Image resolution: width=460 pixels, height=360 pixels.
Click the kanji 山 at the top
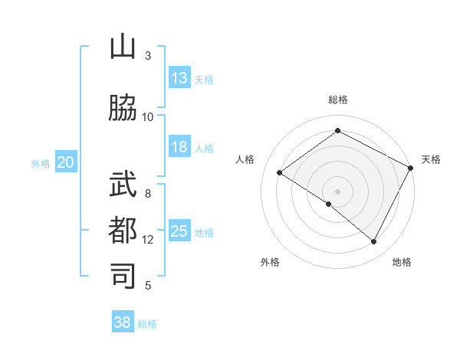pos(123,47)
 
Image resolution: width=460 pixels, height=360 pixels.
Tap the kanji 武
pos(123,185)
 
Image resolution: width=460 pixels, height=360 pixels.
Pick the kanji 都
pos(123,231)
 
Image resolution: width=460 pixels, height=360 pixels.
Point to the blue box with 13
pos(179,78)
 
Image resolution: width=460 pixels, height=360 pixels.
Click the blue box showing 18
pos(179,147)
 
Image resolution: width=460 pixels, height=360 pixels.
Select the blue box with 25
pos(179,231)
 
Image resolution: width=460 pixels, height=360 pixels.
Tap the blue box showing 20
pos(66,162)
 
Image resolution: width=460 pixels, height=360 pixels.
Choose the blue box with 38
pos(123,322)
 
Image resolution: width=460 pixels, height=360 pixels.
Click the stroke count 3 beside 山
pos(148,56)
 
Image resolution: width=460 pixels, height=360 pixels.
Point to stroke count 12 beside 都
pos(148,240)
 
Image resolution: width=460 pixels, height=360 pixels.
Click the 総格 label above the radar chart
pos(338,100)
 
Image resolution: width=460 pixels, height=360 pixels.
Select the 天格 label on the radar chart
pos(431,159)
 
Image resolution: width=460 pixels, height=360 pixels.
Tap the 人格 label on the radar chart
pos(245,159)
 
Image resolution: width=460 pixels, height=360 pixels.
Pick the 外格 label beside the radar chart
pos(270,262)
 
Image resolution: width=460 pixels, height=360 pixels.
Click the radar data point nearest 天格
pos(410,168)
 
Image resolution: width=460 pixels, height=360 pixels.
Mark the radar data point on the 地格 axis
pos(374,242)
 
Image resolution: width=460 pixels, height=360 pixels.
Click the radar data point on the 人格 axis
pos(280,173)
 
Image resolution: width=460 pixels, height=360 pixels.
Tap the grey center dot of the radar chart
pos(337,191)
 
